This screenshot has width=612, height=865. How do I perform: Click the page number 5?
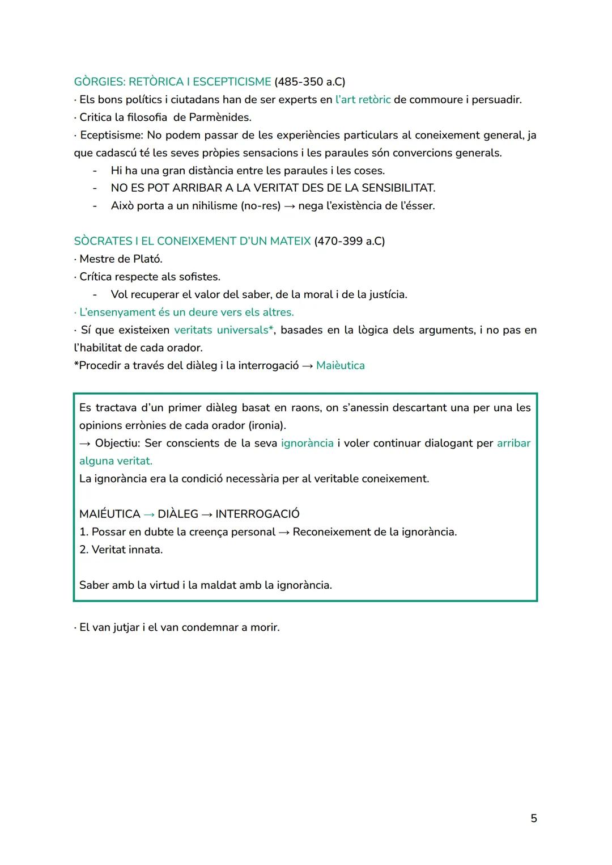[x=533, y=818]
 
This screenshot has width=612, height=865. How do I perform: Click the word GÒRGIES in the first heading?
[x=99, y=82]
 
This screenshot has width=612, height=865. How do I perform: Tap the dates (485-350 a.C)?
[x=309, y=82]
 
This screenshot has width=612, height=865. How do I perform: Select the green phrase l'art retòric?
[x=363, y=100]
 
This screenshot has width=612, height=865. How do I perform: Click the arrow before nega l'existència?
[x=289, y=206]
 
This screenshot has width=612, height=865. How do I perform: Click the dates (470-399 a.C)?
[x=349, y=241]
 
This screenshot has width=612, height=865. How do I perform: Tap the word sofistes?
[x=198, y=277]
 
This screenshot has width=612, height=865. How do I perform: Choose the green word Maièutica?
[x=340, y=366]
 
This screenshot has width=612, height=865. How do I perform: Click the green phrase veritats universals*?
[x=224, y=330]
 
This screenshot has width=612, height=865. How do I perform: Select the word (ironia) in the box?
[x=267, y=425]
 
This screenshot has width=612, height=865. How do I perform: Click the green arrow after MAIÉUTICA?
[x=149, y=514]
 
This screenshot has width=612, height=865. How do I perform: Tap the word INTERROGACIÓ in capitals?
[x=257, y=514]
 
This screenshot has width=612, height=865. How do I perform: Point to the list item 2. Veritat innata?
[x=121, y=550]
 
